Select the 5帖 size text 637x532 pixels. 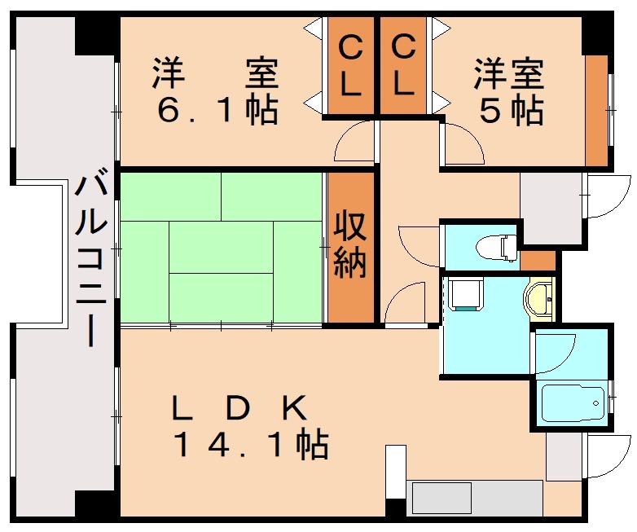tap(511, 110)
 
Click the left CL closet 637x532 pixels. tap(350, 67)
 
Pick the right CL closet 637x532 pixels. tap(403, 67)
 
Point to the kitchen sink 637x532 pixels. tap(442, 497)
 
